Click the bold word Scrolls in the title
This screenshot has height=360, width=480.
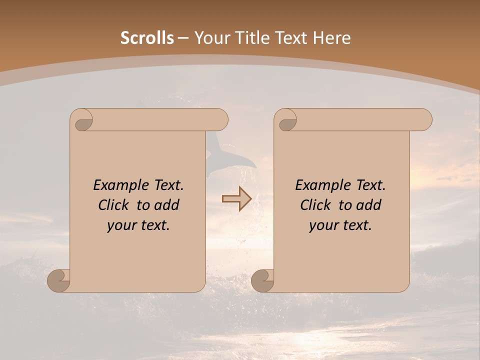pyautogui.click(x=147, y=38)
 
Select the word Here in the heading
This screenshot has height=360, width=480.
pyautogui.click(x=331, y=38)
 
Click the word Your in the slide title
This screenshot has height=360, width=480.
pyautogui.click(x=210, y=38)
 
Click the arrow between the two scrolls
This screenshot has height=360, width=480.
pyautogui.click(x=236, y=199)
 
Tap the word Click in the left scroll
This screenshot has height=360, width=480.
pyautogui.click(x=114, y=205)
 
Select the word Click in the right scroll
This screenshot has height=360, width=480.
pyautogui.click(x=315, y=205)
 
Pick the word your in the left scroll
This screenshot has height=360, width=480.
pyautogui.click(x=121, y=225)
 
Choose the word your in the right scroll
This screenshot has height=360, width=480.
pyautogui.click(x=323, y=225)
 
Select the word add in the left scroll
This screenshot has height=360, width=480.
pyautogui.click(x=167, y=205)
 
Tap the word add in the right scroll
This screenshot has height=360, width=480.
pyautogui.click(x=369, y=205)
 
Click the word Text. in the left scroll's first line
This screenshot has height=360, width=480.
pyautogui.click(x=168, y=185)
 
